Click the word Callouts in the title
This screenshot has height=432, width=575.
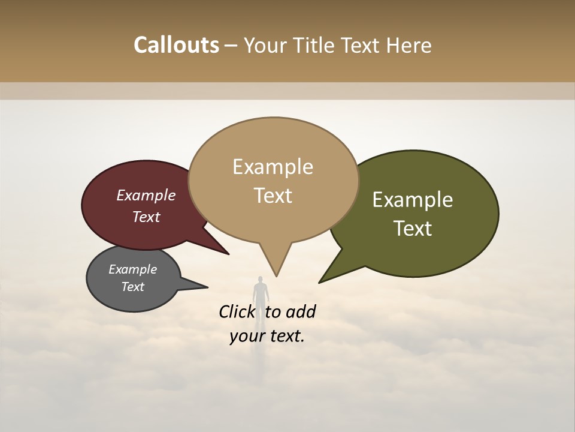[176, 45]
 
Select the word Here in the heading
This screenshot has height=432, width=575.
[410, 45]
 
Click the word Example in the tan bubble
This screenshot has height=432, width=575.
[273, 167]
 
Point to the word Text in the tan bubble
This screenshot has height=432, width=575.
[273, 196]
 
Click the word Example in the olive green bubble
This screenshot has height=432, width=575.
[413, 200]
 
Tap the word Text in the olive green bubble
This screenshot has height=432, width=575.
[413, 229]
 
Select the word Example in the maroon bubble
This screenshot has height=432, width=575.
[146, 196]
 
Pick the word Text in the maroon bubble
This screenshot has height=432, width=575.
[146, 217]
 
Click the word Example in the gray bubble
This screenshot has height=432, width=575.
[132, 269]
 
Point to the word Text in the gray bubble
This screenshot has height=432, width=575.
[132, 287]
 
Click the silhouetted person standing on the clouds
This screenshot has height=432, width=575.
[260, 293]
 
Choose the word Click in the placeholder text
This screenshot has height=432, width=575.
[237, 312]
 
